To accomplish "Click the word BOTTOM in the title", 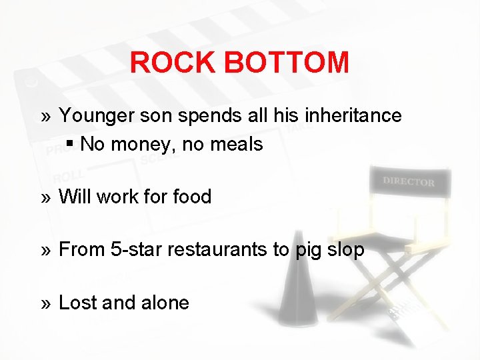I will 287,63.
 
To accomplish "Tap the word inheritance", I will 353,115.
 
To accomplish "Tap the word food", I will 192,197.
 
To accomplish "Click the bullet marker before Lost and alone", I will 45,303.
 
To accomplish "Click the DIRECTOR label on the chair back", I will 408,181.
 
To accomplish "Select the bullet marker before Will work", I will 45,197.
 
